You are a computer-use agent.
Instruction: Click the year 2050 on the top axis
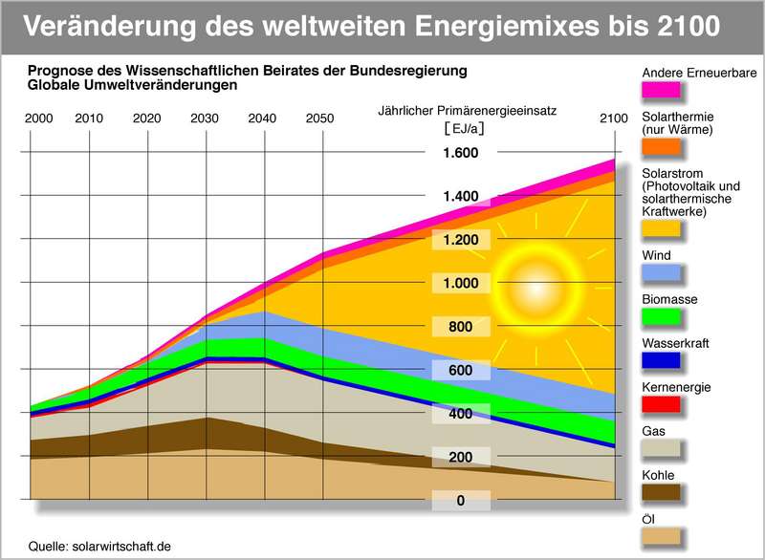[319, 118]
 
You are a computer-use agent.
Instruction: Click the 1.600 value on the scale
[459, 153]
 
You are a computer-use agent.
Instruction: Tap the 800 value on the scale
[459, 327]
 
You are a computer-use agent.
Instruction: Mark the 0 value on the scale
[459, 501]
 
